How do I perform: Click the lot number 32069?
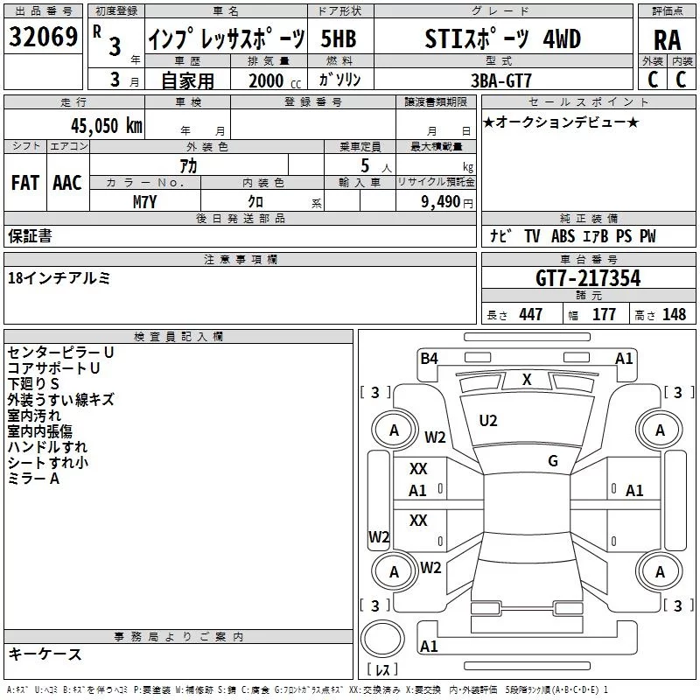coord(43,37)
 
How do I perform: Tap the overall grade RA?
coord(667,40)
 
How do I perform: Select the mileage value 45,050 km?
coord(107,125)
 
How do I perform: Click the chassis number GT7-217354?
coord(588,277)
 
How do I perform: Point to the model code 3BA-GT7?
coord(501,80)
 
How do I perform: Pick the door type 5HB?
coord(339,38)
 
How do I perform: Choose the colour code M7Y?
coord(144,202)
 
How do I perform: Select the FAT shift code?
coord(25,183)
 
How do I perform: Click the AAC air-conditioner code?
coord(67,183)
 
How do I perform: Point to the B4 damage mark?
coord(429,358)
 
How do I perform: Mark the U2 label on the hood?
coord(488,421)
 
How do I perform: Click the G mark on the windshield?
coord(553,460)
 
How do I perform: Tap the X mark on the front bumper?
coord(527,380)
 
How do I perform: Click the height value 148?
coord(674,314)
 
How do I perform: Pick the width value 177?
coord(604,314)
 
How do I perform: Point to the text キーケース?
coord(45,654)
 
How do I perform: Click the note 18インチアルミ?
coord(59,278)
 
